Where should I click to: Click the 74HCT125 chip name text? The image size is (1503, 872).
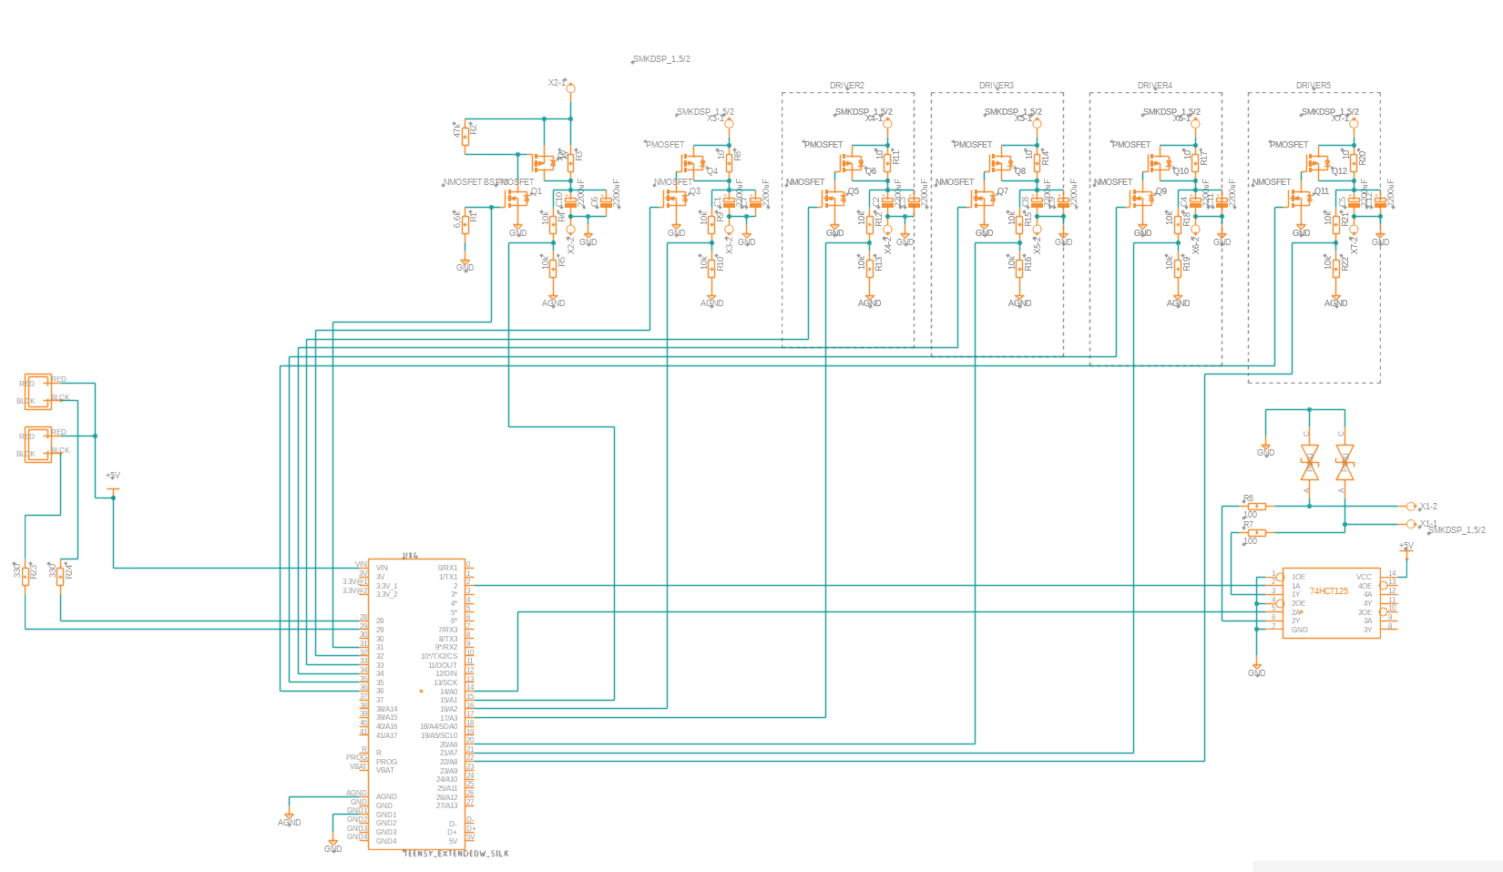pos(1328,591)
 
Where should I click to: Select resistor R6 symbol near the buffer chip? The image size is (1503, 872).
pos(1257,506)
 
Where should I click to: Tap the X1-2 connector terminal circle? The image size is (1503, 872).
pos(1410,507)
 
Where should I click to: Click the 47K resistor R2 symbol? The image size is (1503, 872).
pos(465,136)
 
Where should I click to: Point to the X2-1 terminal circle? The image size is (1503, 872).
pos(571,87)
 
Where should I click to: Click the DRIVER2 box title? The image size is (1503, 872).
pos(846,86)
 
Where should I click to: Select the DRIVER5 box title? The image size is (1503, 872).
pos(1313,86)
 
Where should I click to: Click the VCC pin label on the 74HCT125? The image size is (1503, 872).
pos(1363,577)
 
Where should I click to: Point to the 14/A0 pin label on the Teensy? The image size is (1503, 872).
pos(448,692)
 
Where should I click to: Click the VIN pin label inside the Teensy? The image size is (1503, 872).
pos(382,568)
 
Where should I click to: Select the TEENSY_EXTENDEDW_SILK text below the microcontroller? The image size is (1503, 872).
pos(455,854)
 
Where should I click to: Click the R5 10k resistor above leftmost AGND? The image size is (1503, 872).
pos(553,264)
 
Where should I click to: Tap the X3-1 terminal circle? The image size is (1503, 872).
pos(729,123)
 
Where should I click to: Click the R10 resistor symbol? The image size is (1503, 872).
pos(711,264)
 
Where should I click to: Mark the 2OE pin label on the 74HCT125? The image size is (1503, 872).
pos(1298,603)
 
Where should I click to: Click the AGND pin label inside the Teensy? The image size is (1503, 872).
pos(386,796)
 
